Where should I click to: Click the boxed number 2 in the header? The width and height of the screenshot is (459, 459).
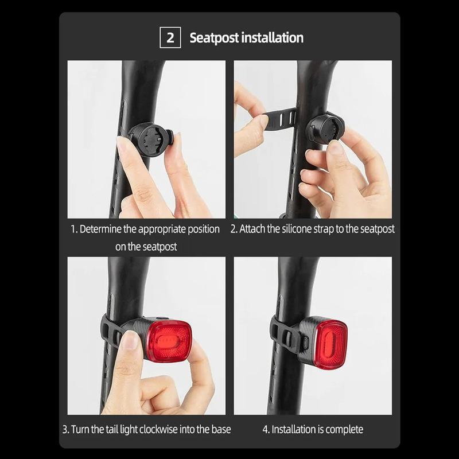pos(170,37)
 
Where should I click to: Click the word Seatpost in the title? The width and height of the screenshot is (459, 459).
pos(214,38)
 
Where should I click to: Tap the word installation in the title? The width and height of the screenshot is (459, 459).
pos(272,37)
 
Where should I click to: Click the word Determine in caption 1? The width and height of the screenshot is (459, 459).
pos(100,229)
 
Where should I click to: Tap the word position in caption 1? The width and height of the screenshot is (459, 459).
pos(204,229)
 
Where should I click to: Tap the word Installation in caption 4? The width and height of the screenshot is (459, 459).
pos(293,429)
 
